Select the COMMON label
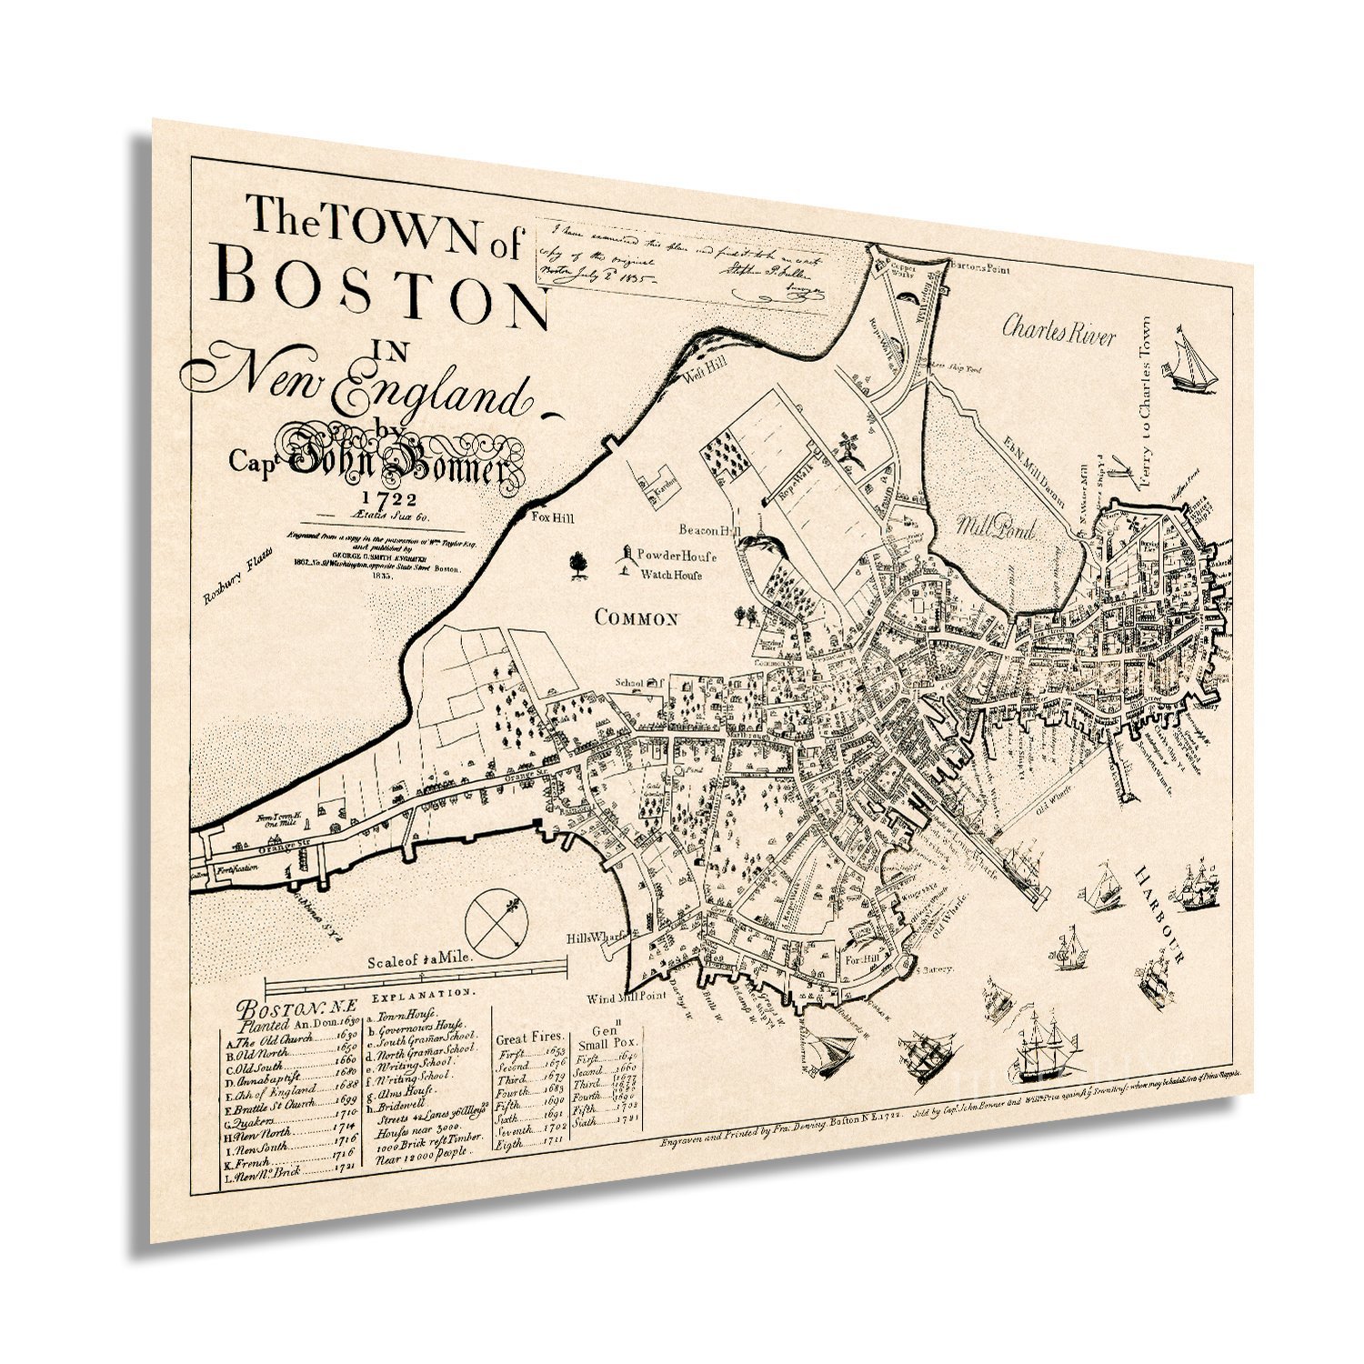pyautogui.click(x=637, y=618)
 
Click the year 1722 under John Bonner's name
pyautogui.click(x=388, y=498)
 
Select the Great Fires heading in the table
pyautogui.click(x=529, y=1037)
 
